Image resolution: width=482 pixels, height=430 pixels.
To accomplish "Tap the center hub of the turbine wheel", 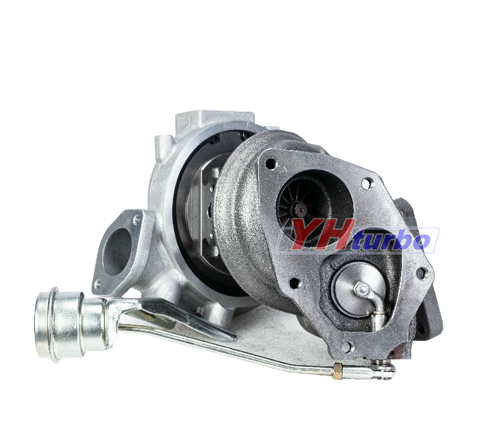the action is point(300,209).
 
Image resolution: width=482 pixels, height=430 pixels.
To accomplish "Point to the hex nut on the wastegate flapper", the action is point(361,289).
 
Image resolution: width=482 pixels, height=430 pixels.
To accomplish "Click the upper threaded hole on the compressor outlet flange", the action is point(137,220).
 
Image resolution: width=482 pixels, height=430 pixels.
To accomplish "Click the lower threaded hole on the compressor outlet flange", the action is point(98,284).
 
